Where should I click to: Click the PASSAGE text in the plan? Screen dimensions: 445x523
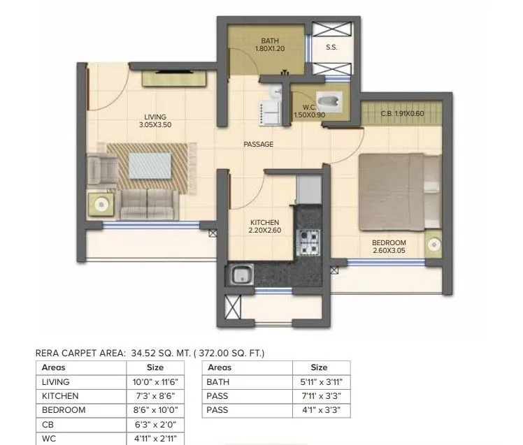[258, 144]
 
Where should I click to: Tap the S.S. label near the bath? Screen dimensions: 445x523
[331, 48]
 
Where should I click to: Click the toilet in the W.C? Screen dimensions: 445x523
[331, 103]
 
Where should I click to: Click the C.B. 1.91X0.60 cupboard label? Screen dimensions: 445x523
[402, 113]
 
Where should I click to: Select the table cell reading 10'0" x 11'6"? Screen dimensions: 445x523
[155, 382]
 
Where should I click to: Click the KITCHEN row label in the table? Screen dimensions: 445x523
[60, 396]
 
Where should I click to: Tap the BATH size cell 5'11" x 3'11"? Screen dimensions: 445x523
[319, 382]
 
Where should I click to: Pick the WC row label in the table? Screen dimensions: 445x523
[48, 438]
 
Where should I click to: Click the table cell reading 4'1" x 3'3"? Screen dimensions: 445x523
[319, 410]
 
